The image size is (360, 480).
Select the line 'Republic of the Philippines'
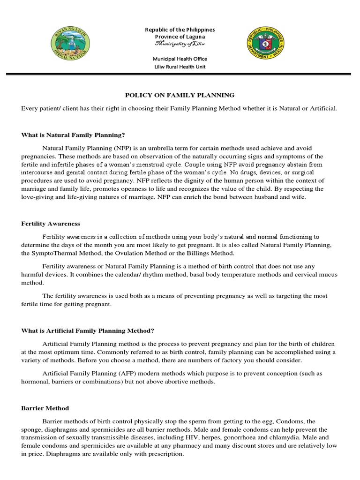180,30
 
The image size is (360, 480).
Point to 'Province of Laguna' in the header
180,37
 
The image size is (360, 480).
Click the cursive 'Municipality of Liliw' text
180,44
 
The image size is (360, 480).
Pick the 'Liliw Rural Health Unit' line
180,67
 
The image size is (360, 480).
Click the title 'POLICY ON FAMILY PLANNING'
180,95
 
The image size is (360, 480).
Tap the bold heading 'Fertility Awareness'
51,224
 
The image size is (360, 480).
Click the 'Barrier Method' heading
45,408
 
